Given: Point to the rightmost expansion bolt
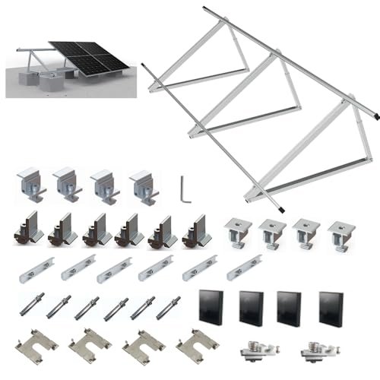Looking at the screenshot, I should click(168, 307).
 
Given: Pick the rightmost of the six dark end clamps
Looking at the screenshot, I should click(194, 230).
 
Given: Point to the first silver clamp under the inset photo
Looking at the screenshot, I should click(30, 184).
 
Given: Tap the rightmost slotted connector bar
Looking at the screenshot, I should click(244, 267).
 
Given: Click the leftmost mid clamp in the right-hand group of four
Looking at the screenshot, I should click(237, 235).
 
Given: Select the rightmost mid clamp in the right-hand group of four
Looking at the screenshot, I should click(341, 236).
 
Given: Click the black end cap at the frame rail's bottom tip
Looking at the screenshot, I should click(283, 210).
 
